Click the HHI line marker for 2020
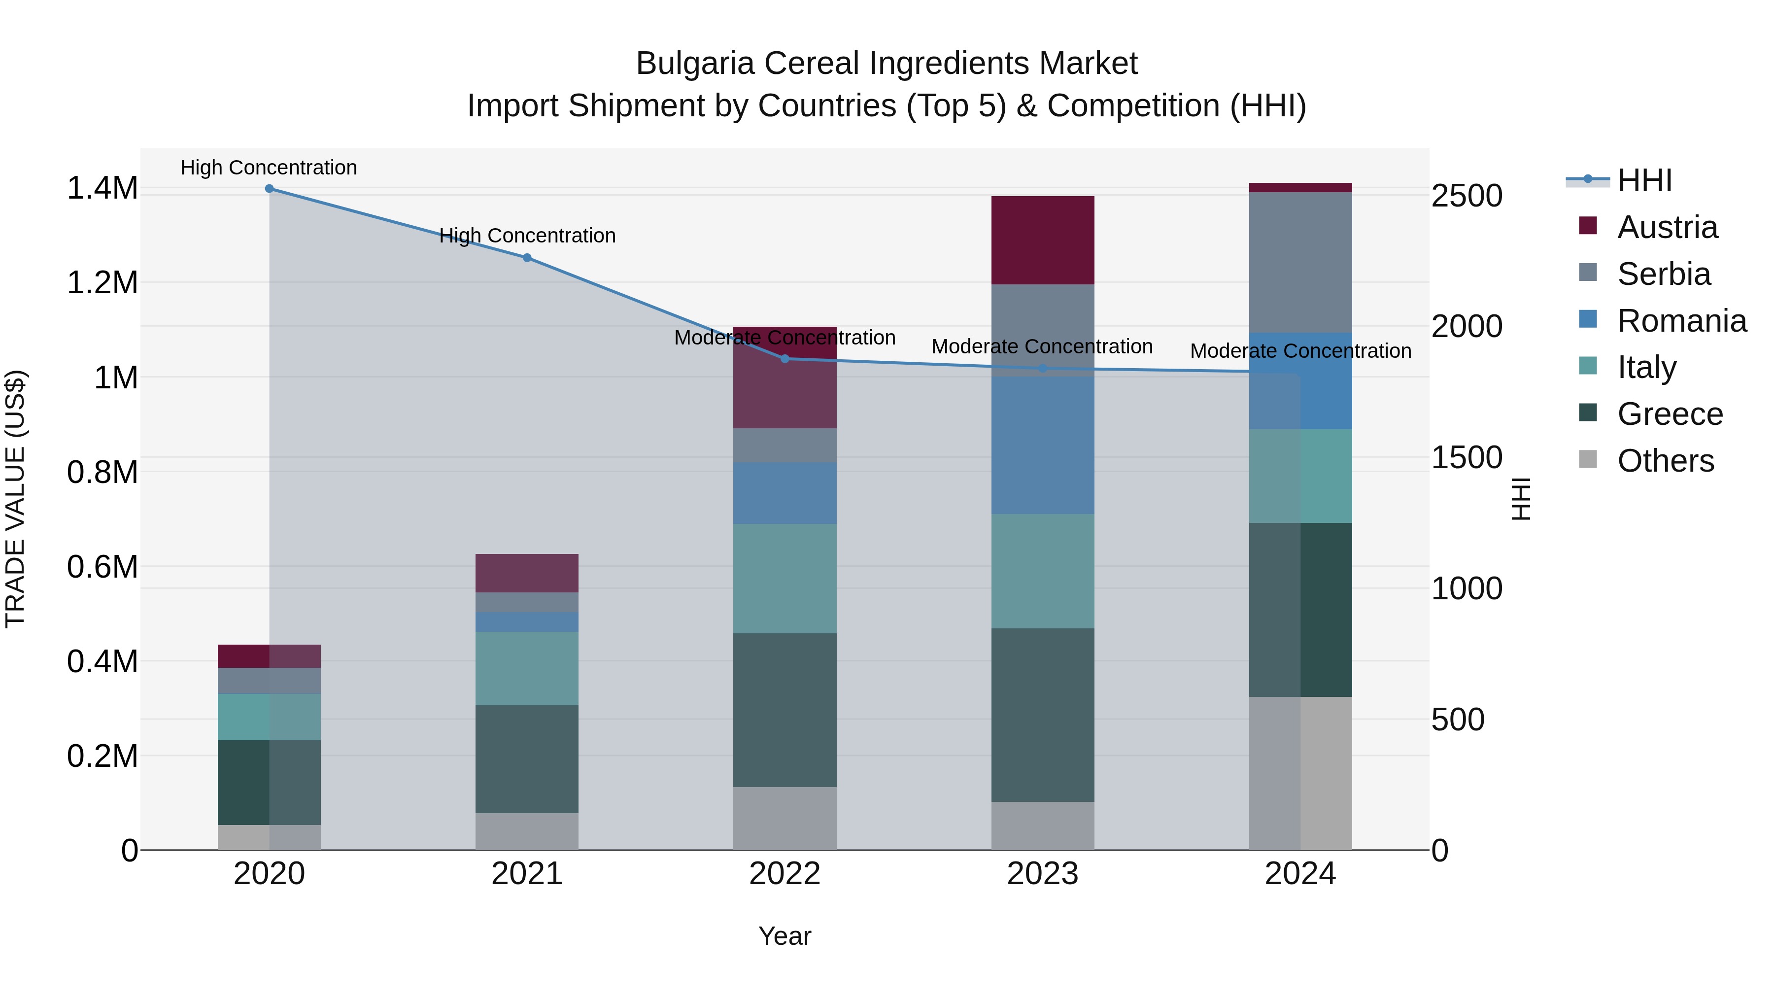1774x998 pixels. point(269,189)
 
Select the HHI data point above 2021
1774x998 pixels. point(527,258)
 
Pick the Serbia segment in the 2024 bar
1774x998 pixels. point(1300,262)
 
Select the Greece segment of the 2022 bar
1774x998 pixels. point(785,710)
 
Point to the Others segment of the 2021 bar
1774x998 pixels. point(527,831)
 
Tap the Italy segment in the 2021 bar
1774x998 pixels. point(527,668)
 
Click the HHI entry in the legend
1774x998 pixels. point(1644,180)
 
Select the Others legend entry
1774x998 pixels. point(1665,461)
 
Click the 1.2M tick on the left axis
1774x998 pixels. point(102,283)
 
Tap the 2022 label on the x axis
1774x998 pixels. point(785,873)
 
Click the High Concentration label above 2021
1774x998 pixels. point(527,236)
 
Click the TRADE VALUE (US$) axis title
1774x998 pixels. point(15,499)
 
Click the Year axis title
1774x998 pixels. point(785,936)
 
